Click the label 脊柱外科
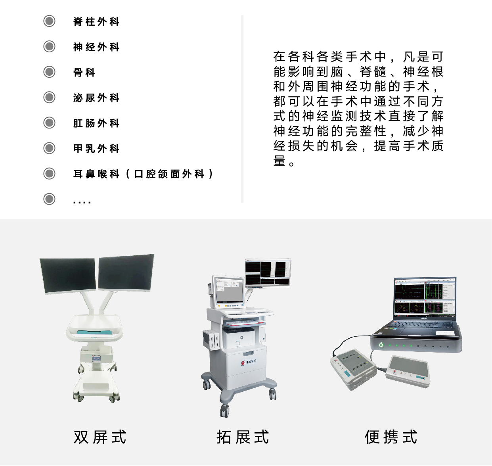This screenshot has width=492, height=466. [x=96, y=21]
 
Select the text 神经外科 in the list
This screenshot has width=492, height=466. [x=96, y=47]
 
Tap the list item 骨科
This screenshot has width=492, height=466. [x=84, y=72]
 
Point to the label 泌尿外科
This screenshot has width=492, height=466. [x=96, y=98]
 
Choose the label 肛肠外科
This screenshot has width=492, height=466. [x=96, y=123]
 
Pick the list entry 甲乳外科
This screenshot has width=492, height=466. [x=96, y=148]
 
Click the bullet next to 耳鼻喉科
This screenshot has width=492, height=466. [x=49, y=174]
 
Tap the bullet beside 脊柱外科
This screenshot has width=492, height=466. [x=49, y=21]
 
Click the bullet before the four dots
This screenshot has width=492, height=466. [x=49, y=199]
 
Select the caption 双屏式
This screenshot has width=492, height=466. [x=100, y=437]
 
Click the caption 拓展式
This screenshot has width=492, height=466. [x=243, y=437]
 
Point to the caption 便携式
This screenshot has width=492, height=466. [x=391, y=437]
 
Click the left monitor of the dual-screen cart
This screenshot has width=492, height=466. [x=68, y=276]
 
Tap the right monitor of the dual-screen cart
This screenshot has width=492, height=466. [x=126, y=272]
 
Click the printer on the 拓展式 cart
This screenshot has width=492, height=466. [x=239, y=337]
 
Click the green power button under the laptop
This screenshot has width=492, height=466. [x=381, y=345]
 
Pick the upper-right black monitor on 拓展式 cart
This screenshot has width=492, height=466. [x=268, y=272]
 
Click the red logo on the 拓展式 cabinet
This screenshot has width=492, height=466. [x=243, y=363]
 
